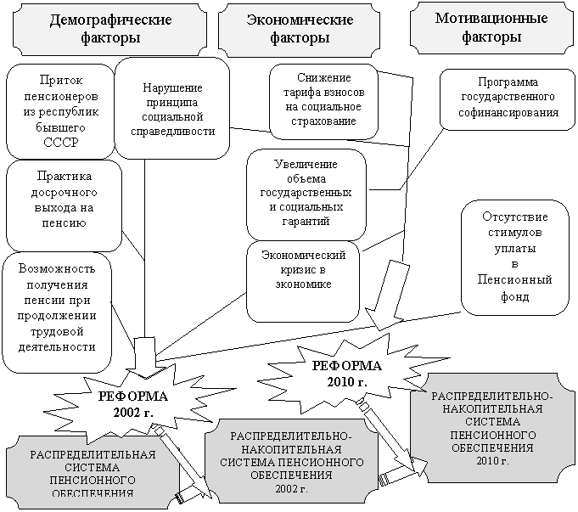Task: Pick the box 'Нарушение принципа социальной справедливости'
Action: point(172,109)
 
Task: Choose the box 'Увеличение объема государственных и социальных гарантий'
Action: point(306,193)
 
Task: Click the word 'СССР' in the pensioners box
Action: point(59,142)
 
